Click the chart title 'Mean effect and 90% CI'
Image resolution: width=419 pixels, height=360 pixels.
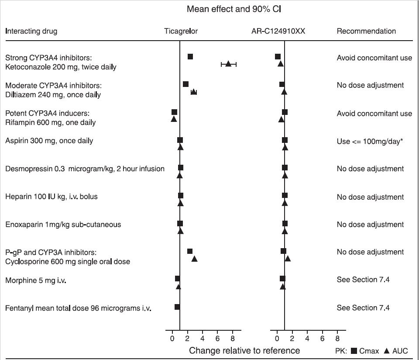click(x=237, y=9)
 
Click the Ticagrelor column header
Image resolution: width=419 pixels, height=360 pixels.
click(x=181, y=31)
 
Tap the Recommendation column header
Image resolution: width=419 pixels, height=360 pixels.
click(x=366, y=31)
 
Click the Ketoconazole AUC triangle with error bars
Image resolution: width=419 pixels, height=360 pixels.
click(x=228, y=64)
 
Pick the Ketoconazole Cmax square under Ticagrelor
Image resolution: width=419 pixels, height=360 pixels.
click(x=190, y=57)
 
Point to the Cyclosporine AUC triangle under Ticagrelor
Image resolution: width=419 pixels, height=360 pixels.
click(x=195, y=259)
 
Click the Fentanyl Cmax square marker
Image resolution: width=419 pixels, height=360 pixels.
click(x=177, y=307)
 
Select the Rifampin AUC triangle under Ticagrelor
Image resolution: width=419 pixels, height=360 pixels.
click(x=174, y=119)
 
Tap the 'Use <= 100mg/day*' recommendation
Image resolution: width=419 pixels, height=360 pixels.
click(x=369, y=141)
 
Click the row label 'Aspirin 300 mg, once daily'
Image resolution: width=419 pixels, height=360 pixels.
click(x=49, y=141)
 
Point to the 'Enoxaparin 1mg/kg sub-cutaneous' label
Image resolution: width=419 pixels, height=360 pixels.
click(x=63, y=225)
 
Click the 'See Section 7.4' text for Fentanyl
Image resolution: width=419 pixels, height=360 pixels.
click(x=363, y=308)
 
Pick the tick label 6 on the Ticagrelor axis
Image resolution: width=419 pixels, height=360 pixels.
click(x=217, y=338)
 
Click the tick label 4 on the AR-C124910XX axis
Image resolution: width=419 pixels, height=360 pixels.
click(x=307, y=338)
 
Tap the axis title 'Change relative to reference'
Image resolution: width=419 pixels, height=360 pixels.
click(x=244, y=350)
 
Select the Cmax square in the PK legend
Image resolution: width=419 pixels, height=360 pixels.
click(x=354, y=350)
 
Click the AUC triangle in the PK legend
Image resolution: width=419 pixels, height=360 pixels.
click(x=387, y=350)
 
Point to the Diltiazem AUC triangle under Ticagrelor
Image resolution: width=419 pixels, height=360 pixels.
click(x=194, y=92)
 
